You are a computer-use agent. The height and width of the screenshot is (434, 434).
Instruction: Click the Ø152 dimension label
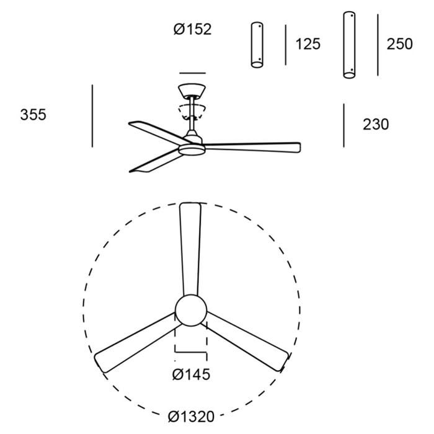(x=192, y=29)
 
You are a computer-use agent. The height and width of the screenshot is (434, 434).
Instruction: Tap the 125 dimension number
(x=308, y=44)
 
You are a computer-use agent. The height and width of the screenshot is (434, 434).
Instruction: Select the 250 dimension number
(x=399, y=44)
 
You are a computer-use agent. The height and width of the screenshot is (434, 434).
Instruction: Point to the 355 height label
(x=33, y=114)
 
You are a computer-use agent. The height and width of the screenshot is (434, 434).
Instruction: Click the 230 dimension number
(x=376, y=124)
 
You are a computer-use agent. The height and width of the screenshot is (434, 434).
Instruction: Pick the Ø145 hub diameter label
(x=191, y=374)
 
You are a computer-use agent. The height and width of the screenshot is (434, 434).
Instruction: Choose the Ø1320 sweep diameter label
(x=191, y=417)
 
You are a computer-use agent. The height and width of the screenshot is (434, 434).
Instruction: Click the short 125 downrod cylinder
(x=257, y=45)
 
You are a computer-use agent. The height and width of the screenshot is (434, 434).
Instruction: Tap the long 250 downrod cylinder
(x=349, y=45)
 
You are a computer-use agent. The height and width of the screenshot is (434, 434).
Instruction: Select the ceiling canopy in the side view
(x=192, y=91)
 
